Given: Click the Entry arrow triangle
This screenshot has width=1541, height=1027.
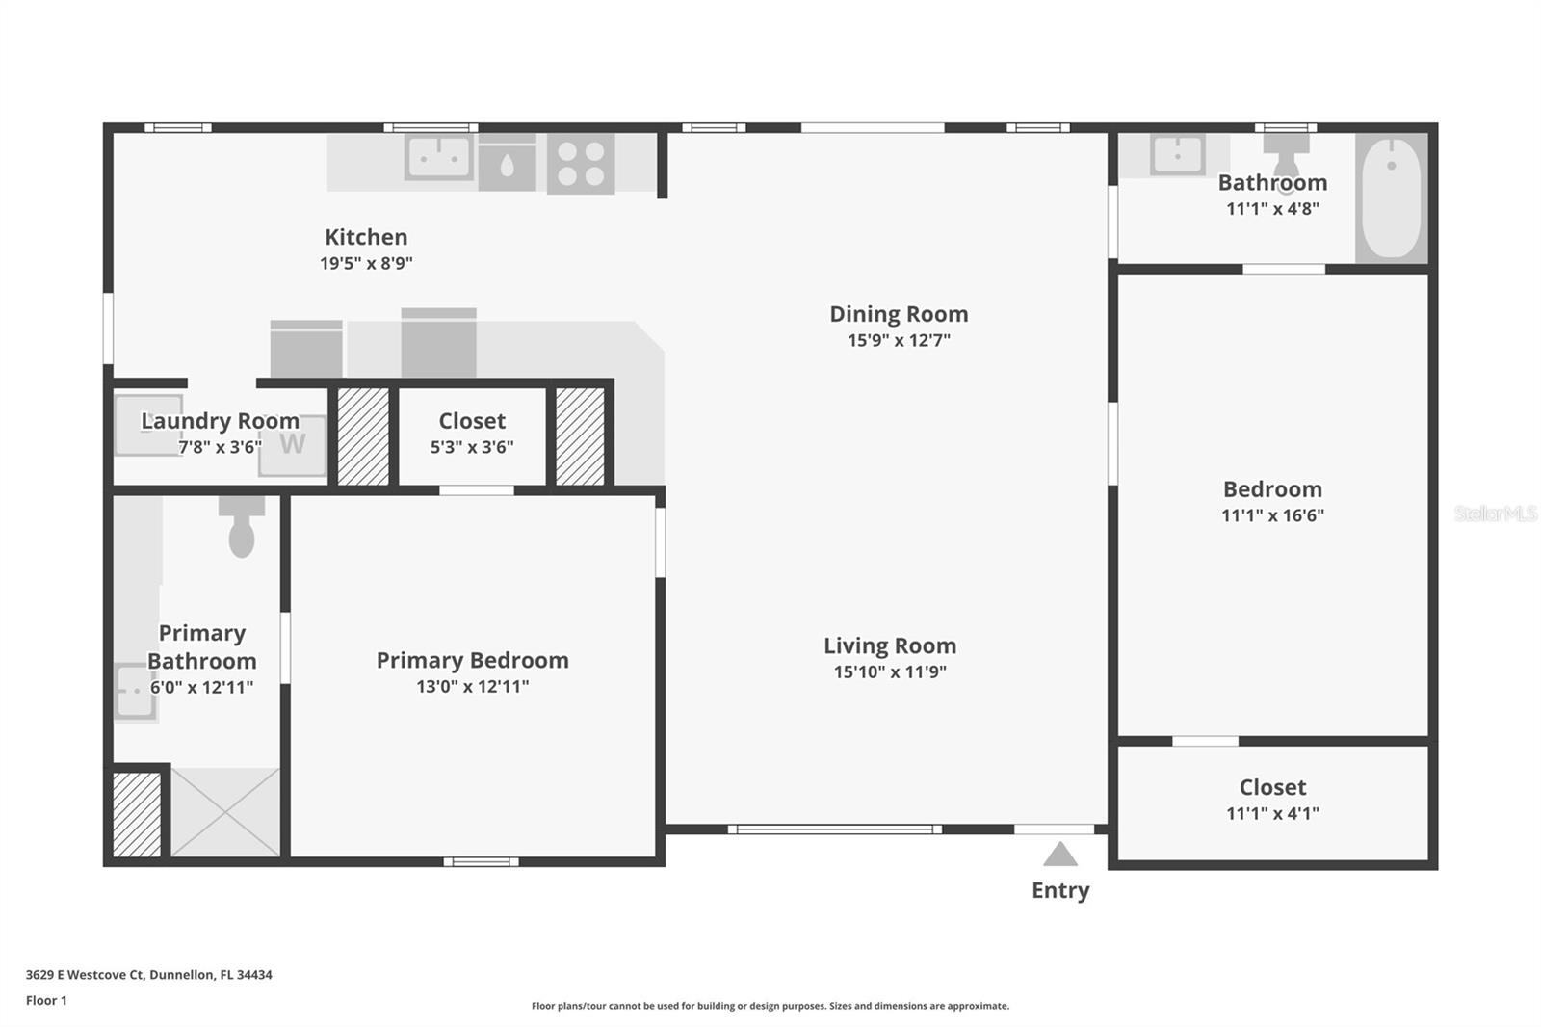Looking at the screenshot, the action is click(x=1060, y=855).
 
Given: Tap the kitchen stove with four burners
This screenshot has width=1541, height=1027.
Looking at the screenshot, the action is click(x=582, y=164).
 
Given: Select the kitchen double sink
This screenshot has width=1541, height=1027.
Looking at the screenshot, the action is click(x=439, y=158).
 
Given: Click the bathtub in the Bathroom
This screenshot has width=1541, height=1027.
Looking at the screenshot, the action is click(x=1392, y=198).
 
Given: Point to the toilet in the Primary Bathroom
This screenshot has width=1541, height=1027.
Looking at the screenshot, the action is click(x=242, y=527).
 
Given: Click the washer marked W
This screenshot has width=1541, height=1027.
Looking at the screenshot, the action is click(x=293, y=445).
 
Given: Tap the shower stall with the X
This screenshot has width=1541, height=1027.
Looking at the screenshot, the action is click(x=225, y=812).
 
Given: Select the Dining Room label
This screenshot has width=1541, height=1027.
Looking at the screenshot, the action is click(x=899, y=314).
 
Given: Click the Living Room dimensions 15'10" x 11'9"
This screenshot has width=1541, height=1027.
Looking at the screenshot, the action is click(x=890, y=671).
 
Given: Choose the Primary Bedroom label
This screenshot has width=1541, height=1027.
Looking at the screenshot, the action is click(x=473, y=660).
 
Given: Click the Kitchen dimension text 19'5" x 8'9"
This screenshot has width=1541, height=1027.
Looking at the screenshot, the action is click(x=366, y=263).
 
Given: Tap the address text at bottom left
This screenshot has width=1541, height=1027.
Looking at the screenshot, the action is click(x=149, y=975).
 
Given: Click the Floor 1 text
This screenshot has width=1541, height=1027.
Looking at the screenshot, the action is click(x=47, y=1000).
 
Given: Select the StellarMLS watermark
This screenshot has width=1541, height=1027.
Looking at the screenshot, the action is click(x=1496, y=513).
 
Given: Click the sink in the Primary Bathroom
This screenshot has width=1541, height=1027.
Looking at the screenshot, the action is click(x=135, y=692).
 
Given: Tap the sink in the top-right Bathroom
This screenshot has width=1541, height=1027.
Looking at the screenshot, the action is click(x=1179, y=155).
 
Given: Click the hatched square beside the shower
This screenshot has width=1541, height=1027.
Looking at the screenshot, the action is click(x=137, y=815).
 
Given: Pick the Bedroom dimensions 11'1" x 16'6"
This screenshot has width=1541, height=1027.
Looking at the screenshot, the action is click(x=1272, y=515).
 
